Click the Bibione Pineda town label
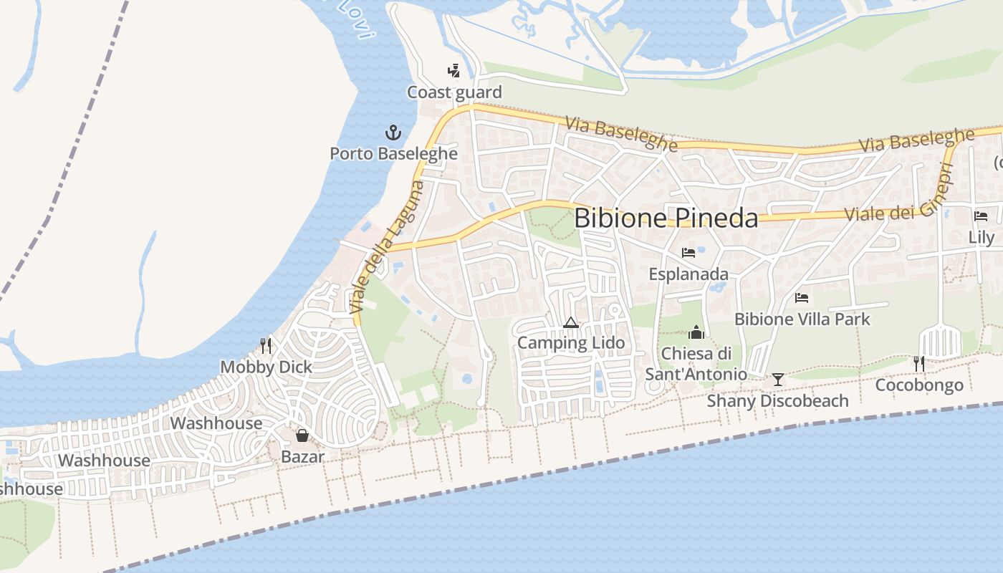click(x=666, y=218)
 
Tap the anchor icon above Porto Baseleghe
click(x=393, y=132)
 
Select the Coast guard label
click(x=454, y=92)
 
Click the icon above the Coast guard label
click(x=453, y=70)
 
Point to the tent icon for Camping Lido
click(x=570, y=323)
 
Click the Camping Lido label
click(x=571, y=343)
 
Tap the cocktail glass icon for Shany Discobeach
click(x=778, y=379)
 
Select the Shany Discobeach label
click(x=777, y=400)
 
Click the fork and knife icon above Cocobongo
click(x=919, y=364)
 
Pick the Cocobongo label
click(x=919, y=385)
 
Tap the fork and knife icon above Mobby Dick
click(x=266, y=346)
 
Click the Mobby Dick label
click(x=266, y=367)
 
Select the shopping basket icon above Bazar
click(x=302, y=435)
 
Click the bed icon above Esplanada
click(x=688, y=253)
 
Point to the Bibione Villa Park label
click(x=802, y=319)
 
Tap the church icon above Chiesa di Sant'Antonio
click(x=696, y=332)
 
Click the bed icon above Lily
click(x=981, y=216)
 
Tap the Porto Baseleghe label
click(x=393, y=153)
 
